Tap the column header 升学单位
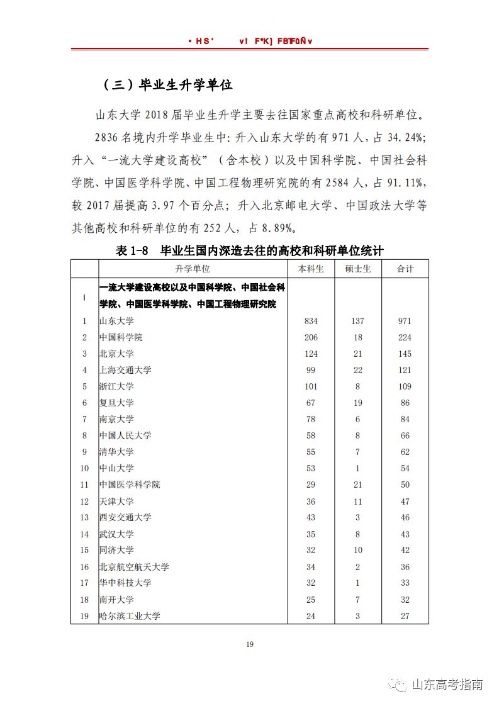193,269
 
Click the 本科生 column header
311,269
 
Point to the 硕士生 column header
357,269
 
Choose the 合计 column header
405,269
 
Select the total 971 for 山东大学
405,321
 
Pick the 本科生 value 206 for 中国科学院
311,337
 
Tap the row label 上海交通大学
125,370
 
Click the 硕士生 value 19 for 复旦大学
357,403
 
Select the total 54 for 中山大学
405,468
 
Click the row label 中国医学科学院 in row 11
130,485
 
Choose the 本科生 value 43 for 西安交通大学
311,517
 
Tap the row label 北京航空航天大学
134,566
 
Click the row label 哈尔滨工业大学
130,615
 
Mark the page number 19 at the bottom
249,644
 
